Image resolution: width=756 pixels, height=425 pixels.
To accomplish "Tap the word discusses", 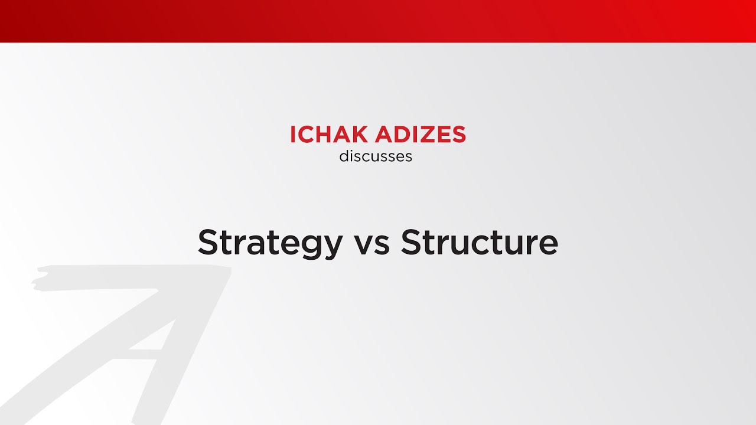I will pos(376,156).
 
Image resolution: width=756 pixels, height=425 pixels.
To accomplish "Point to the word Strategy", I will pos(270,242).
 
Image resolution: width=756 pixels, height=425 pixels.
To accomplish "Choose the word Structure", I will pos(479,242).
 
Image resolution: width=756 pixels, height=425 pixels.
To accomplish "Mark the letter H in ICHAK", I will pos(328,135).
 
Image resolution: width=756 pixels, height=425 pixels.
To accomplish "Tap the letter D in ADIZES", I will pos(396,135).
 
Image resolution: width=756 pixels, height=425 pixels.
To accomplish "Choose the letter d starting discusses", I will pos(344,156).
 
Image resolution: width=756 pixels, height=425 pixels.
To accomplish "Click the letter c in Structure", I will pos(496,244).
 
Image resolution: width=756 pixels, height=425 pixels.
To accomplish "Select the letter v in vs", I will pos(364,244).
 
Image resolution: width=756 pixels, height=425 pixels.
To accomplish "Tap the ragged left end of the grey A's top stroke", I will pos(39,280).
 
